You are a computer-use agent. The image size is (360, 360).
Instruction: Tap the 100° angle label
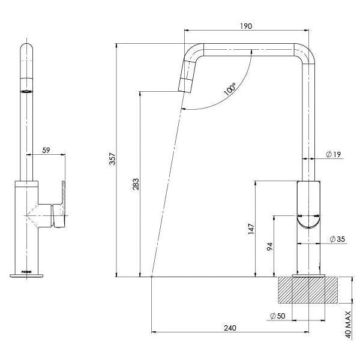click(229, 89)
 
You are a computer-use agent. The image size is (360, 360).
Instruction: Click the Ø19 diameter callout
click(334, 155)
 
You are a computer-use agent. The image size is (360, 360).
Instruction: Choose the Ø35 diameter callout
click(337, 240)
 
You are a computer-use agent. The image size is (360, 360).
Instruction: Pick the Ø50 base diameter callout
click(277, 316)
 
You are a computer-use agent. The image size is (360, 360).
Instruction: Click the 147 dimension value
click(251, 229)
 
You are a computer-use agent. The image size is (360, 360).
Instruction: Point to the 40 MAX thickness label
click(347, 325)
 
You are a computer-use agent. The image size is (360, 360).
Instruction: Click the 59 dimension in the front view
click(46, 151)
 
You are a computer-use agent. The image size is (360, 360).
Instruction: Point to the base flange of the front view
click(27, 275)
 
